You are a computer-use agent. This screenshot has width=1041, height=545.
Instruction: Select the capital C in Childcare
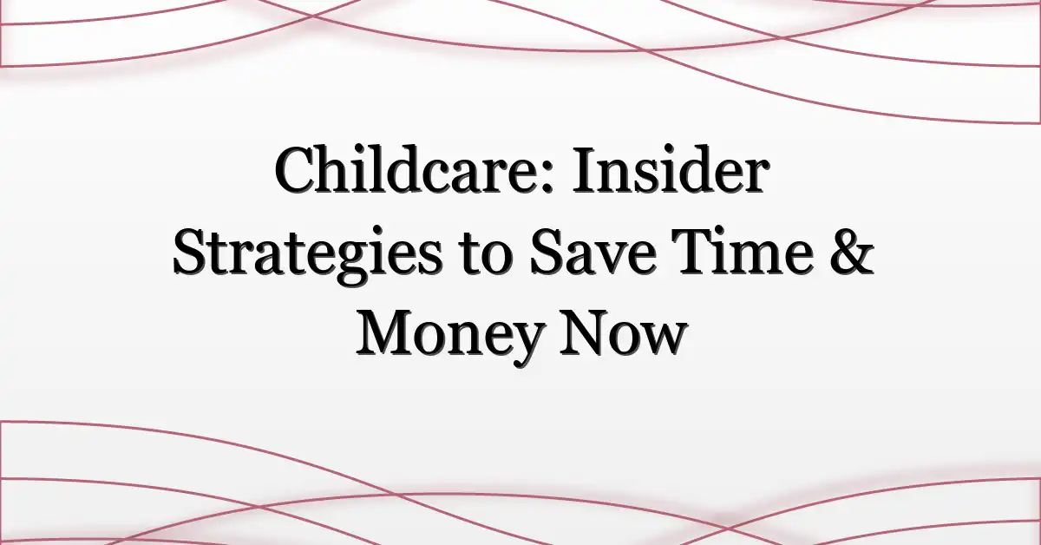[294, 174]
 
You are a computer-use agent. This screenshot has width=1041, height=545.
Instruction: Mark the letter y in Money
[521, 344]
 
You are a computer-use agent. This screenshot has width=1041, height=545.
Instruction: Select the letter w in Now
[658, 339]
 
